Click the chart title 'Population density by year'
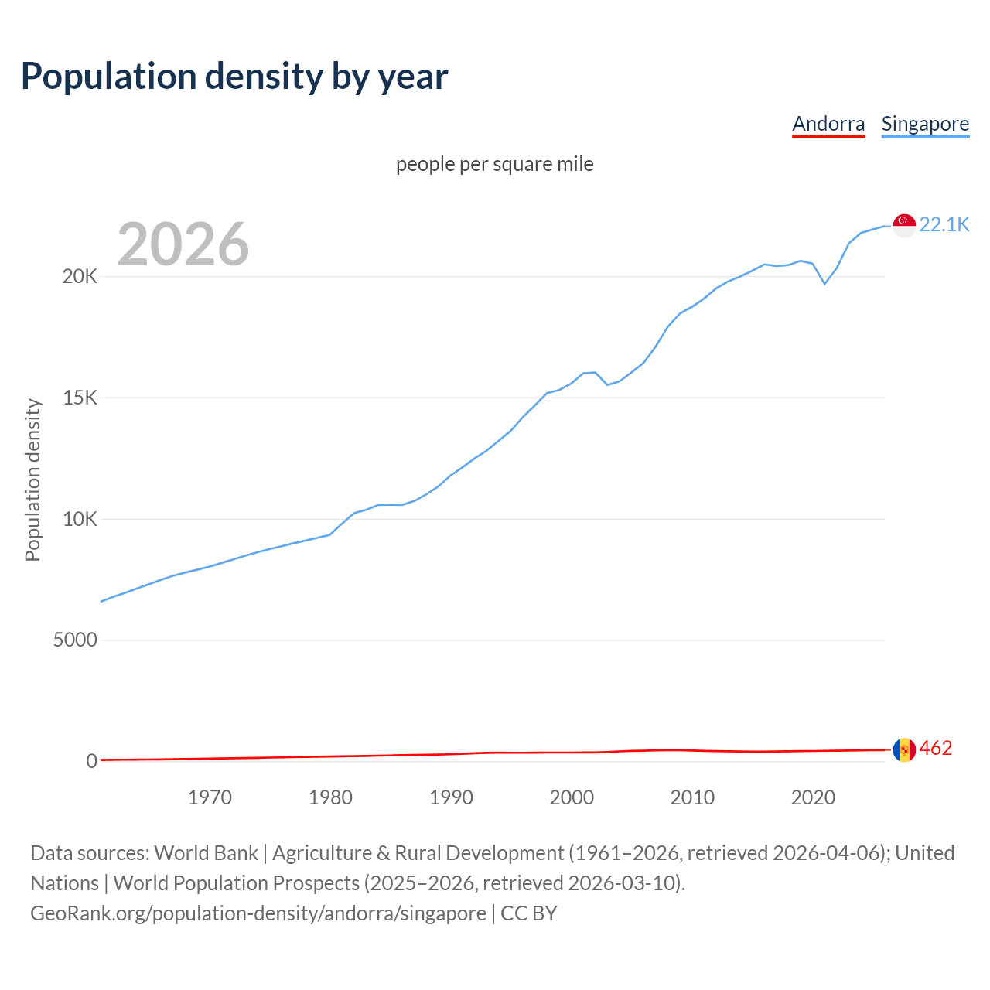[234, 77]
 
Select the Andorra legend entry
[828, 124]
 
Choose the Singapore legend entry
[925, 124]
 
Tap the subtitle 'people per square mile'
[494, 164]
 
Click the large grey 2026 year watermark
[183, 244]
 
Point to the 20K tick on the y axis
[80, 277]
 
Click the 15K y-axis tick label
[80, 398]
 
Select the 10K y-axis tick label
[80, 519]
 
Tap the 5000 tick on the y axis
[75, 640]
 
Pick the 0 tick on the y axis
[92, 762]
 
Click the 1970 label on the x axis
[210, 797]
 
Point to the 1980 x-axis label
[330, 797]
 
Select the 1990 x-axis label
[451, 797]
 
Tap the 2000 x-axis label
[572, 797]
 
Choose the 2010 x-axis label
[692, 797]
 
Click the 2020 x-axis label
[813, 797]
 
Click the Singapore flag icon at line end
[904, 225]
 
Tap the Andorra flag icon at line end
[904, 749]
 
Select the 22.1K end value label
[944, 224]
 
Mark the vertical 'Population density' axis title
[32, 480]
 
